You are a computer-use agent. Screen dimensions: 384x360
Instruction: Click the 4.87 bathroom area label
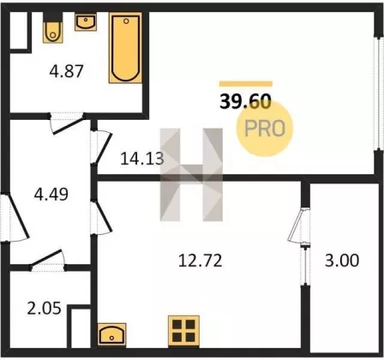click(x=66, y=71)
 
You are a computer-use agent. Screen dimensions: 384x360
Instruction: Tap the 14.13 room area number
click(x=142, y=159)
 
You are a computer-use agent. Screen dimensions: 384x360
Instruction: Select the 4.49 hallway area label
click(x=51, y=195)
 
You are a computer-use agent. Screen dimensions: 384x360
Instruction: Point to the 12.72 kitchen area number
click(x=200, y=261)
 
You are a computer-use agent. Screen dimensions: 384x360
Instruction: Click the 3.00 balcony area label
click(x=342, y=261)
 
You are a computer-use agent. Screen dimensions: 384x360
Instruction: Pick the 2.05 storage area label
click(x=45, y=309)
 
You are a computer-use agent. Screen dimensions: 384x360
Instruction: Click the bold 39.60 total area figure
click(x=245, y=102)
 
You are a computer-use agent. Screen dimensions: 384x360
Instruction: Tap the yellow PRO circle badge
click(x=265, y=129)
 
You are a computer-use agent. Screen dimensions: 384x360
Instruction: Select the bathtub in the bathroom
click(x=125, y=48)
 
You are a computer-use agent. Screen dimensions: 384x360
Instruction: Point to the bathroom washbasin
click(x=86, y=22)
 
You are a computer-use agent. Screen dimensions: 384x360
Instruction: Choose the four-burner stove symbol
click(x=183, y=331)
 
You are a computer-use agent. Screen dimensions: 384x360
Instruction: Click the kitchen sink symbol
click(x=111, y=334)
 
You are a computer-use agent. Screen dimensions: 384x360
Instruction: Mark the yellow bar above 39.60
click(x=246, y=84)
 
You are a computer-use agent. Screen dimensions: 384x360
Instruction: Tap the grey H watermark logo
click(x=191, y=175)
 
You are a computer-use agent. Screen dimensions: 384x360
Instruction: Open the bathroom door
click(x=68, y=123)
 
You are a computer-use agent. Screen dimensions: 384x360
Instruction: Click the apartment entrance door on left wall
click(x=15, y=218)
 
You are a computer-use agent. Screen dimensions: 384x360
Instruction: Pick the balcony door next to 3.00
click(x=299, y=225)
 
